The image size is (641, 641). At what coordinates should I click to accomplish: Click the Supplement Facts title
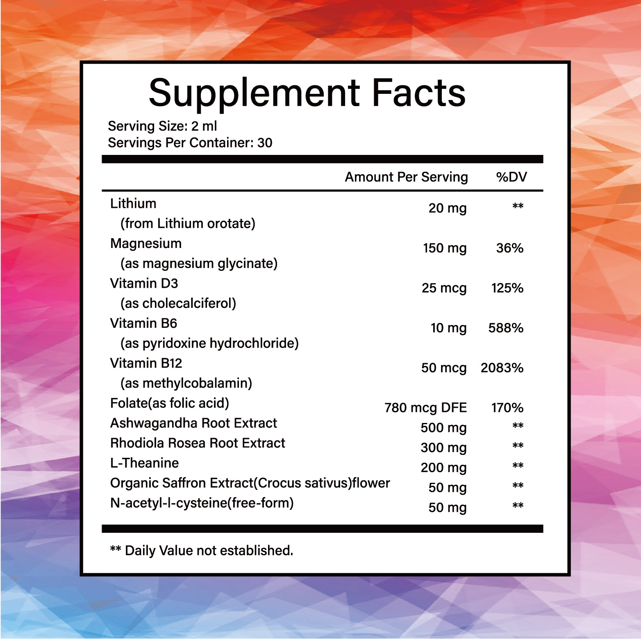coord(307,93)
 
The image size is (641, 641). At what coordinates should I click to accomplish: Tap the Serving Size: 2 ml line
coord(162,126)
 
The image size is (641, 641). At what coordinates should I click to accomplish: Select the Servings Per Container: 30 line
coord(190,143)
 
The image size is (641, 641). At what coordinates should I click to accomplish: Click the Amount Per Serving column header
coord(406,177)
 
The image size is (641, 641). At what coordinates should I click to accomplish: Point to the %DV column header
coord(511,177)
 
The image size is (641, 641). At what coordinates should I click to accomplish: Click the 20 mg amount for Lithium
coord(448,208)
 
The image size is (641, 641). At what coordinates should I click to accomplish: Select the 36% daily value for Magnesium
coord(509,248)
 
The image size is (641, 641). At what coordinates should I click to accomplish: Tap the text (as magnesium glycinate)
coord(199,263)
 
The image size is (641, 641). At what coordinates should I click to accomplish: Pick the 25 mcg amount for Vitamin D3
coord(444,288)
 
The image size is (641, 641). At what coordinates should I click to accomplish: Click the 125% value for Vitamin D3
coord(507,288)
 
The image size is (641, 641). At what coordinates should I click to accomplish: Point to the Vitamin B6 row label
coord(143,323)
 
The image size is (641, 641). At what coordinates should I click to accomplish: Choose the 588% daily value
coord(506,328)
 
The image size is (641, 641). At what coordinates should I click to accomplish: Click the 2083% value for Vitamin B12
coord(502,368)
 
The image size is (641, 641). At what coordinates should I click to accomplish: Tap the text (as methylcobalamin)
coord(186,383)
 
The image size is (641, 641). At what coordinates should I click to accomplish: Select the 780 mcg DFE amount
coord(425,408)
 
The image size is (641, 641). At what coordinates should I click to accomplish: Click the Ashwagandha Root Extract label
coord(193,423)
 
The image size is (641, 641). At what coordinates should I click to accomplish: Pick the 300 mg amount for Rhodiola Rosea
coord(443,448)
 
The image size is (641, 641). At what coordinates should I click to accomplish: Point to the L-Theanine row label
coord(144,463)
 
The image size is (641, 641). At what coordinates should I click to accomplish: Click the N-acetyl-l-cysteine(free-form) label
coord(202,503)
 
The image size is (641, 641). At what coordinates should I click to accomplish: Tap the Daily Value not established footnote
coord(202,550)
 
